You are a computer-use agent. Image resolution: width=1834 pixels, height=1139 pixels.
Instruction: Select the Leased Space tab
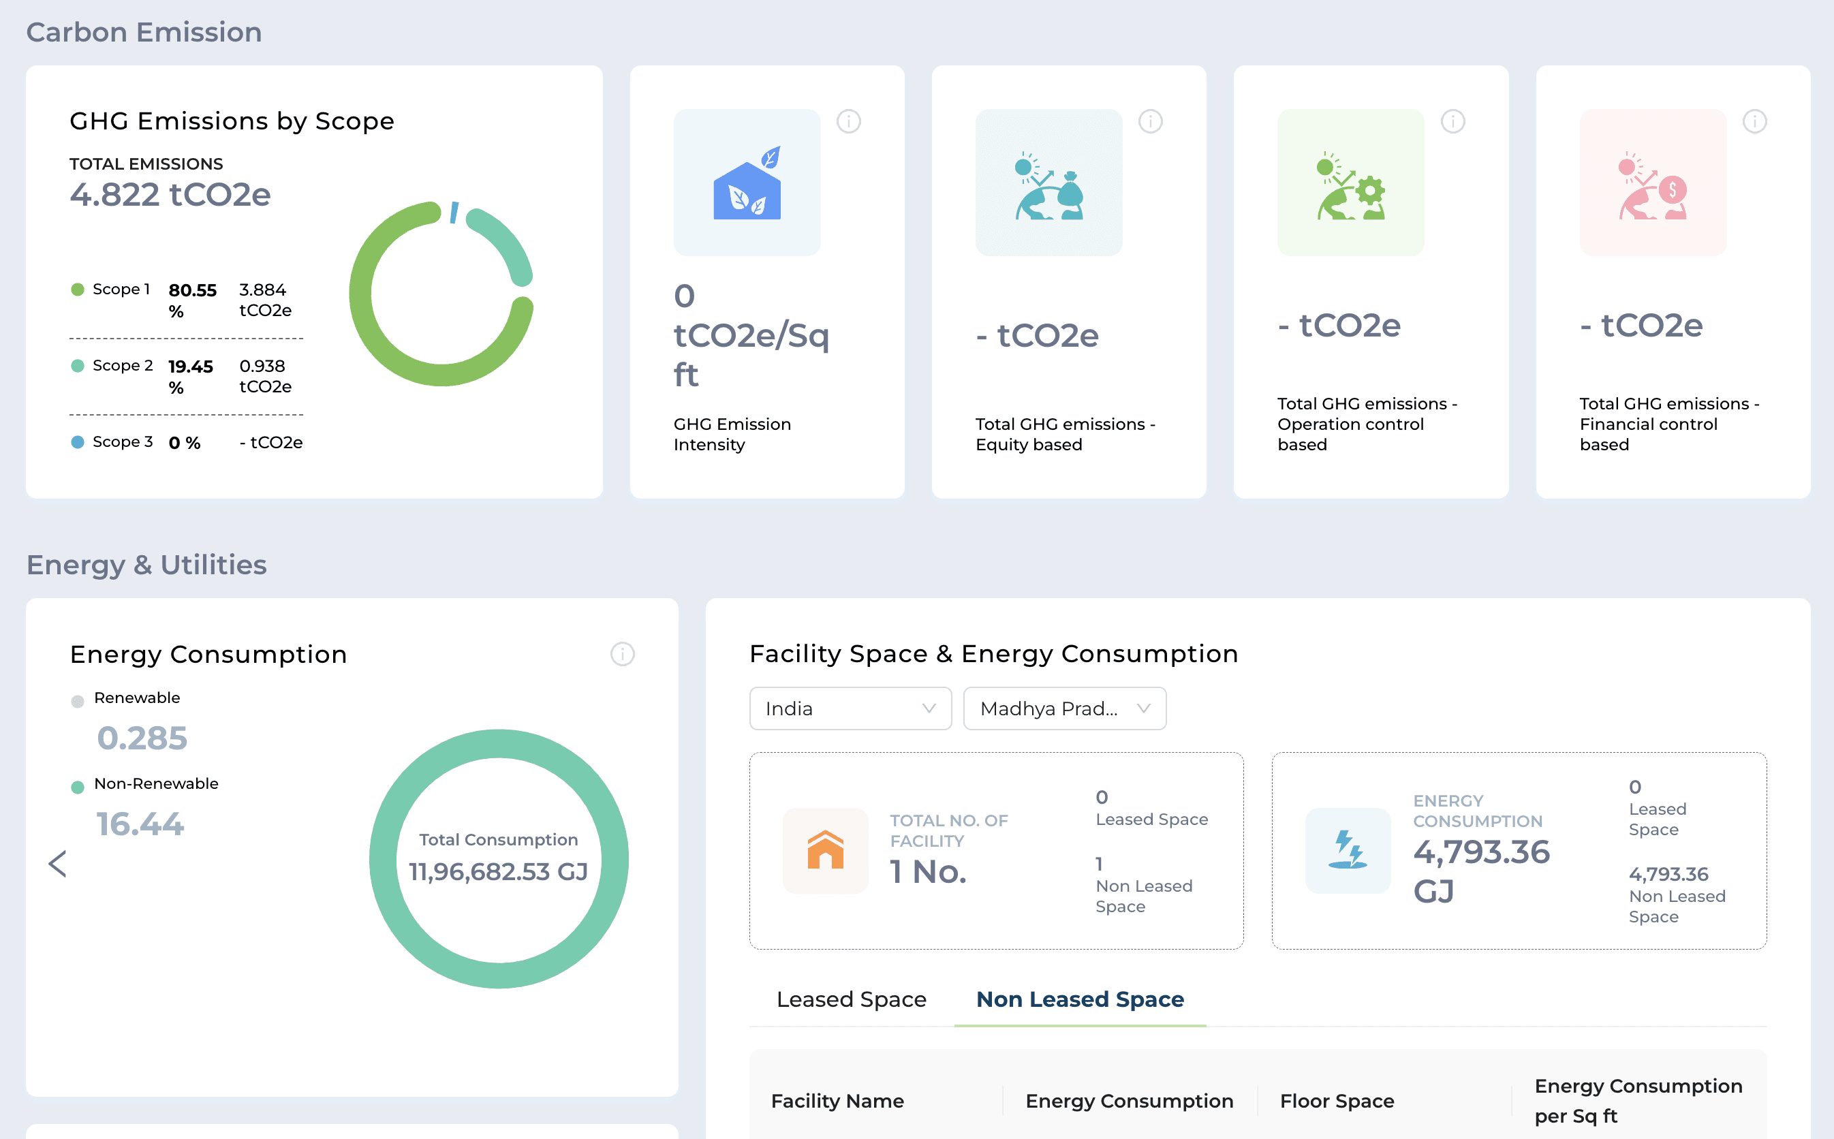coord(851,999)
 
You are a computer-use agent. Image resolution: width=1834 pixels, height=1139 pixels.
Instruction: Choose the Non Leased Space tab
coord(1080,999)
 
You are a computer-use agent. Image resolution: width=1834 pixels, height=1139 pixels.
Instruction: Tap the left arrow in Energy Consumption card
coord(57,864)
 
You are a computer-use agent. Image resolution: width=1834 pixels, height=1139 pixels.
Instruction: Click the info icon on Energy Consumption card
coord(622,654)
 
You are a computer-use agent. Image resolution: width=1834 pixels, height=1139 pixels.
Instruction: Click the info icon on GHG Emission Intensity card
coord(849,121)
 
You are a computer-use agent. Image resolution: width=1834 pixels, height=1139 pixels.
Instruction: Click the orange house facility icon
coord(826,850)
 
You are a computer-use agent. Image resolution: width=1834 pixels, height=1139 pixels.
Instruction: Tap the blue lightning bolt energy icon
coord(1348,850)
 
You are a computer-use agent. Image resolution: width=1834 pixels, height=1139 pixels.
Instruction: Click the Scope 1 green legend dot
coord(78,290)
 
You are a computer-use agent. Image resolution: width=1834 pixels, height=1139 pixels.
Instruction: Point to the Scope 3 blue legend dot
coord(78,442)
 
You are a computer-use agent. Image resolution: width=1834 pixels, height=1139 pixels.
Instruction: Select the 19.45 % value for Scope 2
coord(191,377)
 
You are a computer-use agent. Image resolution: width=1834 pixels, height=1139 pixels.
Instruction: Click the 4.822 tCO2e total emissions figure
coord(170,194)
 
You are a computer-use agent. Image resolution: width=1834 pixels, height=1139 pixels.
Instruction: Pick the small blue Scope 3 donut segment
coord(454,213)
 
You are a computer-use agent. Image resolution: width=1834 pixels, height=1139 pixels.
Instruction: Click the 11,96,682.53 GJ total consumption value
coord(499,871)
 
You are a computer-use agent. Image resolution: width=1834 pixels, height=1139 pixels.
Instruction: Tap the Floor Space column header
coord(1337,1102)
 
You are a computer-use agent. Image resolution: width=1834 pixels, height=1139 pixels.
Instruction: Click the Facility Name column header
coord(837,1102)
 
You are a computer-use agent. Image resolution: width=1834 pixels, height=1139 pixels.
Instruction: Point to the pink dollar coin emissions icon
coord(1653,185)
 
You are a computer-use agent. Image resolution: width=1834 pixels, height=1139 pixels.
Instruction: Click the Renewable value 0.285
coord(142,738)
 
